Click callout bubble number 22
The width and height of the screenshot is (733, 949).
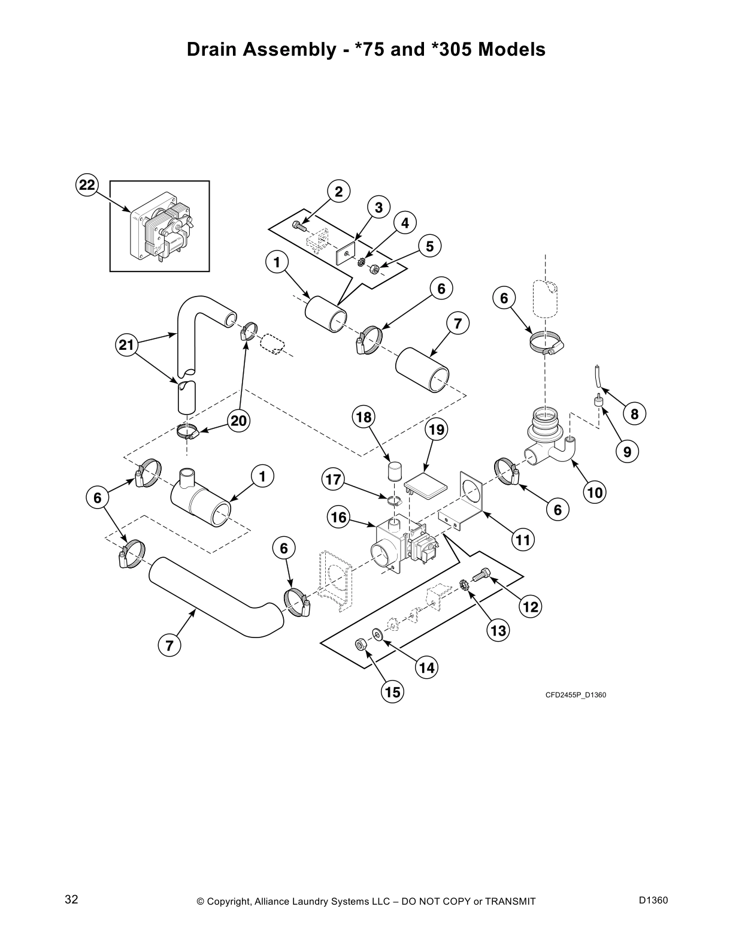coord(87,185)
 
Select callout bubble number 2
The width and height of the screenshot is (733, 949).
coord(339,192)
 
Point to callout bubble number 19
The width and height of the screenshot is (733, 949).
coord(437,430)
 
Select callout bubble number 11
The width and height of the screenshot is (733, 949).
coord(523,540)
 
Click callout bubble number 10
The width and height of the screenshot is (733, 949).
coord(595,492)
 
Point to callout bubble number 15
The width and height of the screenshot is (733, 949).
coord(392,692)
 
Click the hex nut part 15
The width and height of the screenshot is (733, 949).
coord(361,645)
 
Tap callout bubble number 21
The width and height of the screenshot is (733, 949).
coord(126,344)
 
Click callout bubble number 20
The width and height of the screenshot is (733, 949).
coord(238,421)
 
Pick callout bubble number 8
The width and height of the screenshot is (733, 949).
coord(634,413)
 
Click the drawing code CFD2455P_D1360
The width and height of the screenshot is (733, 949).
coord(576,695)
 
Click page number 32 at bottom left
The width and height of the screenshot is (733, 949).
coord(71,900)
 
